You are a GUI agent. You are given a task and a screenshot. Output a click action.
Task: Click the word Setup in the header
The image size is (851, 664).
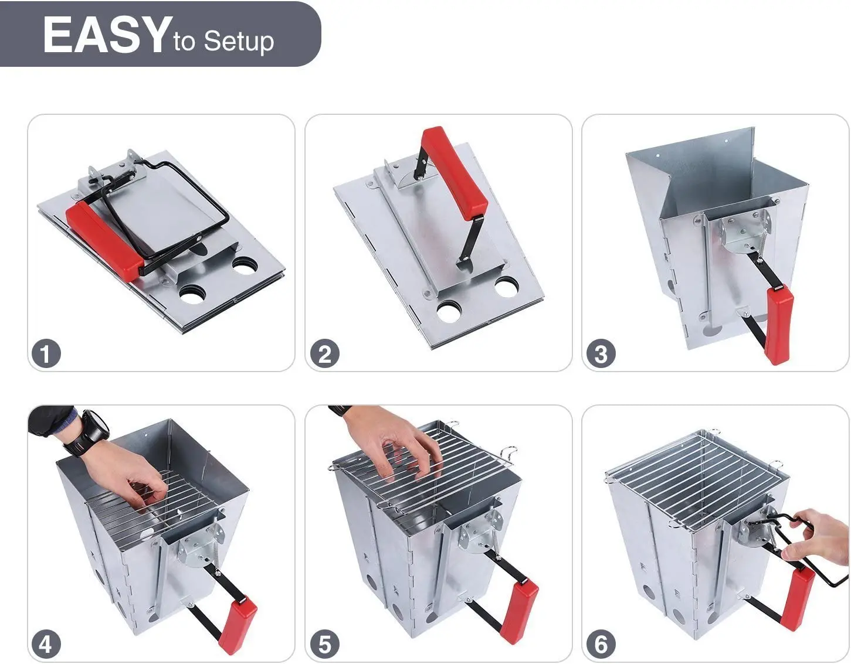pos(239,42)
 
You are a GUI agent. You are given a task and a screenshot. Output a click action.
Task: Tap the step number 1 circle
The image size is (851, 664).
pos(46,354)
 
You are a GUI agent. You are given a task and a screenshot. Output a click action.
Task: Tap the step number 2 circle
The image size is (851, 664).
pos(324,354)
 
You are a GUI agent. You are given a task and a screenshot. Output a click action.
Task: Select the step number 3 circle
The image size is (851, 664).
pos(601,354)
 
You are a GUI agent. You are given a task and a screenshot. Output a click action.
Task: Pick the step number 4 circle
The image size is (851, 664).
pos(46,645)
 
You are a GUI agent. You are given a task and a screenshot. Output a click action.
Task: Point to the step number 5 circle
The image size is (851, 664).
pos(324,645)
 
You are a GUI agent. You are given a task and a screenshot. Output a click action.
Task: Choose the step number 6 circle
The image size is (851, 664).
pos(601,645)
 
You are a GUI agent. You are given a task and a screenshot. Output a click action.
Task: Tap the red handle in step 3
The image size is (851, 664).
pos(779,324)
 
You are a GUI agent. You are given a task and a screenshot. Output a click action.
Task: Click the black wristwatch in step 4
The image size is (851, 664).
pos(94,431)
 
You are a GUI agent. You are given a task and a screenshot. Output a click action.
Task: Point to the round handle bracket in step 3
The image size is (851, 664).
pos(746,231)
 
